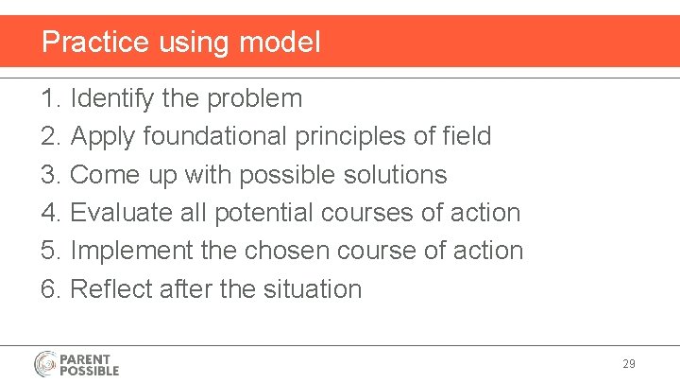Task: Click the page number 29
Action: point(629,364)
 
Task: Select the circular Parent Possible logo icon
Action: point(46,364)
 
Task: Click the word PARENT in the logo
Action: point(85,359)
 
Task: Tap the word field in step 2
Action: point(467,136)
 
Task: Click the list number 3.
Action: point(50,175)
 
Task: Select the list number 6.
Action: point(50,288)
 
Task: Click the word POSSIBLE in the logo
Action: point(90,371)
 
